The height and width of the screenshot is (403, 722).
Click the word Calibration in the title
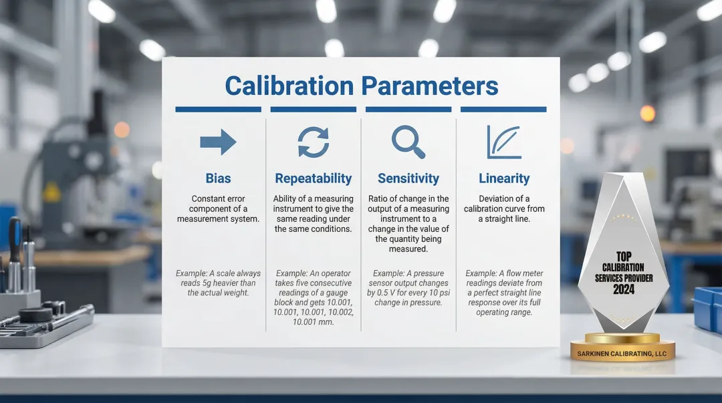289,86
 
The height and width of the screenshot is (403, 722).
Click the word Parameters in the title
430,86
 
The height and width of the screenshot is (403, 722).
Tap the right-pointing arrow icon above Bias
218,142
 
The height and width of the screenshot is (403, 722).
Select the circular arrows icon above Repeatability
313,142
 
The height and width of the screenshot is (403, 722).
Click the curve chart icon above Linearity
503,142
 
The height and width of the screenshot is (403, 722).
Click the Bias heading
218,178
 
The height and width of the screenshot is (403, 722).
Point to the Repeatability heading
313,178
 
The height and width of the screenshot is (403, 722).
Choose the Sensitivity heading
408,178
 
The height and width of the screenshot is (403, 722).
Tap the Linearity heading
503,178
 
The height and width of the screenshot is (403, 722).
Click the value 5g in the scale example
207,283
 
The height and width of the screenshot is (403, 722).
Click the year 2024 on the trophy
623,289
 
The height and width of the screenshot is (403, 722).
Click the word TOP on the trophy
623,256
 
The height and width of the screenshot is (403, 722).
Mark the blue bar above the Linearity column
503,109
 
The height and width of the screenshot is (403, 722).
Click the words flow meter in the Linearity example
524,273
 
